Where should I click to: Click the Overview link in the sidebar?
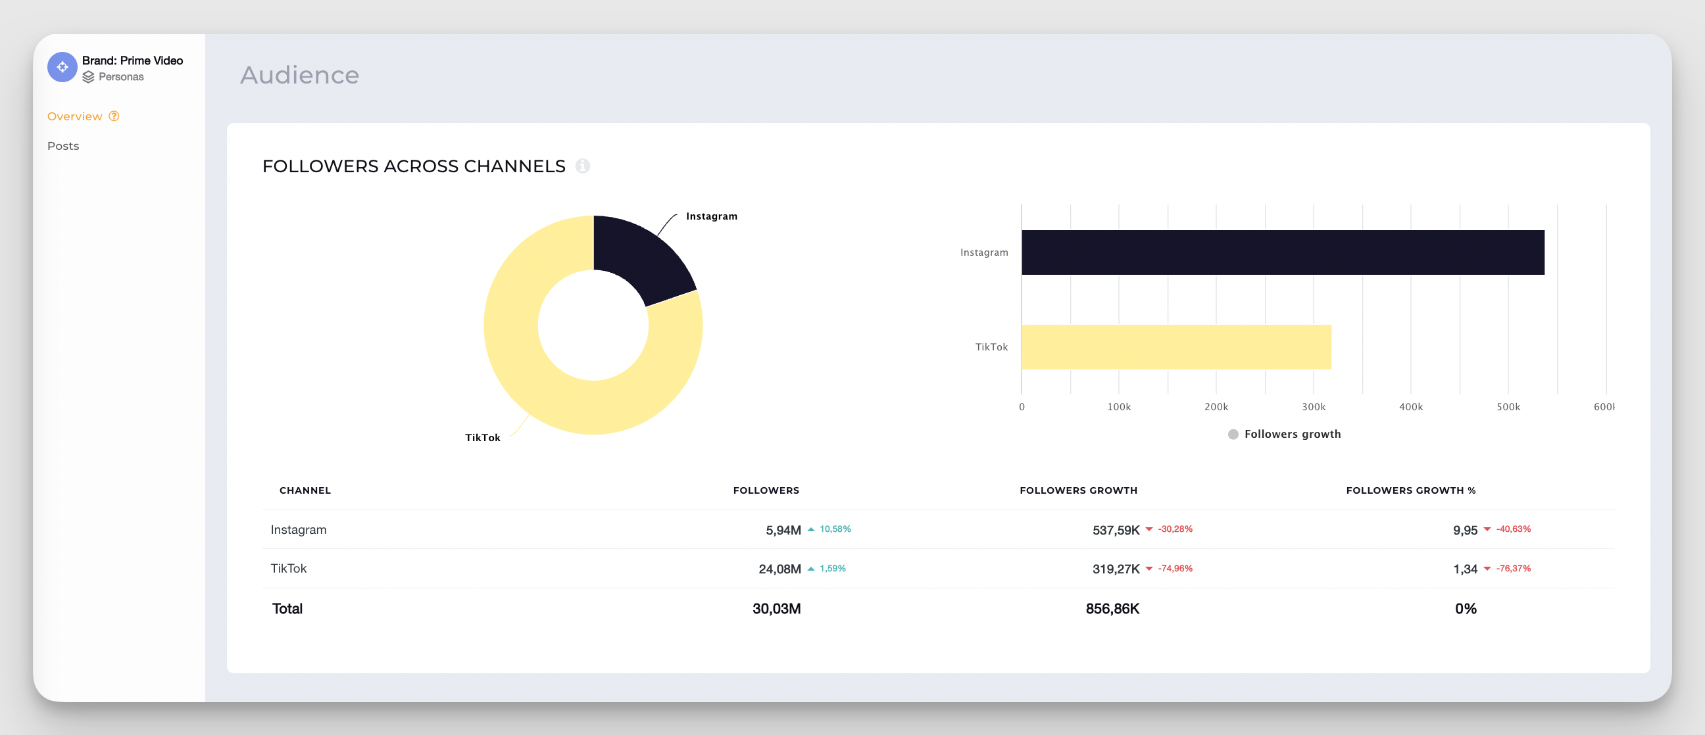click(75, 116)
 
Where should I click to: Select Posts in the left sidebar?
click(63, 145)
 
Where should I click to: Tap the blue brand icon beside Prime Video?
click(62, 67)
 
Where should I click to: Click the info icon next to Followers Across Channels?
click(581, 166)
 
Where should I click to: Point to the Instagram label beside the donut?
click(711, 216)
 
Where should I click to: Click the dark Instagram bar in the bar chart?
click(1282, 252)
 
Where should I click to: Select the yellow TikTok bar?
click(1175, 346)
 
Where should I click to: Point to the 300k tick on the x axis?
click(1313, 407)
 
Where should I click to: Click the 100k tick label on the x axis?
click(1118, 407)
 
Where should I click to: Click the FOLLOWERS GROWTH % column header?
click(1410, 490)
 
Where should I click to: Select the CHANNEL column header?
click(305, 490)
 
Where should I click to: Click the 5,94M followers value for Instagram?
click(782, 530)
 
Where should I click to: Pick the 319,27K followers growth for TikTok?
click(1115, 569)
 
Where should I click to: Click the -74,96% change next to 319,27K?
click(1174, 568)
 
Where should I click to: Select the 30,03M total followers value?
click(776, 609)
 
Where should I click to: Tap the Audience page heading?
click(299, 75)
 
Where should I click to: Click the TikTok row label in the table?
click(289, 568)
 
